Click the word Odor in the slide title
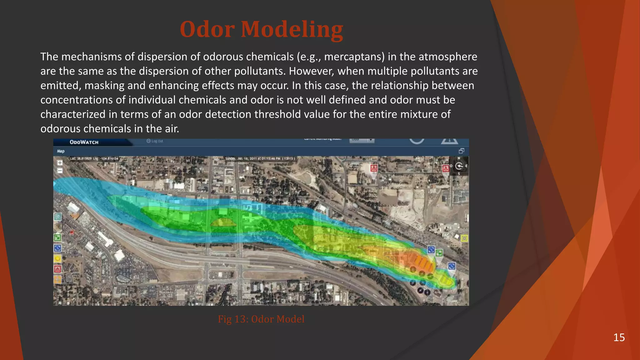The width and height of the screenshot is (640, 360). tap(207, 29)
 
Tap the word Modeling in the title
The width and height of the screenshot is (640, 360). tap(292, 29)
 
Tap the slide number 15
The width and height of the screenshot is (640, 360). tap(619, 337)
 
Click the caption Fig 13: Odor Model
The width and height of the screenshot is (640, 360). tap(261, 319)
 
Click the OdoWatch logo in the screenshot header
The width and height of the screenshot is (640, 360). tap(84, 142)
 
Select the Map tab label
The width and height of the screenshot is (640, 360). tap(61, 151)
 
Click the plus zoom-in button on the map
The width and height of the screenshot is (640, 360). tap(60, 163)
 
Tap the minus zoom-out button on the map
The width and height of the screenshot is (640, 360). tap(60, 171)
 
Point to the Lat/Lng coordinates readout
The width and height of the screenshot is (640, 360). tap(94, 159)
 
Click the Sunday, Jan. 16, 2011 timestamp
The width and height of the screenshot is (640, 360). tap(259, 159)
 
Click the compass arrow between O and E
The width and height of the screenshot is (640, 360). tap(459, 166)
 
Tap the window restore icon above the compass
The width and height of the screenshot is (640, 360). tap(461, 151)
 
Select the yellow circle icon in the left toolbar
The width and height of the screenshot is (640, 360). tap(57, 258)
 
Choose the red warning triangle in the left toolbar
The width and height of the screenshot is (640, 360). tap(57, 269)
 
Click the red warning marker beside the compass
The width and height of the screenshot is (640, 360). tap(446, 169)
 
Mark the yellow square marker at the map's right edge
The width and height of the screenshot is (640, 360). tap(464, 238)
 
